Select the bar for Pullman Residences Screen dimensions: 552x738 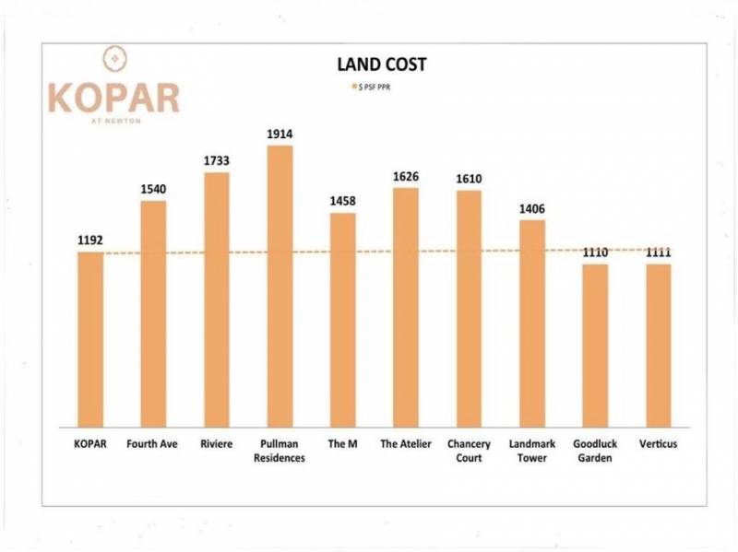coord(280,286)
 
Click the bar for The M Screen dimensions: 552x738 coord(342,319)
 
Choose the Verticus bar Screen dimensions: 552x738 coord(658,345)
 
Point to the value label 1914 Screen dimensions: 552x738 coord(280,135)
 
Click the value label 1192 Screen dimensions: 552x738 coord(90,241)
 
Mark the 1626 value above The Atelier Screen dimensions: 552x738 coord(406,176)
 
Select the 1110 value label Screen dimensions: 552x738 coord(595,253)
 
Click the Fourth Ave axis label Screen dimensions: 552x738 coord(153,444)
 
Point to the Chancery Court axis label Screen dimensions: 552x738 coord(469,451)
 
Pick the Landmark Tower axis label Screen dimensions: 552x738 coord(532,451)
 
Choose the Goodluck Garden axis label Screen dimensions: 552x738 coord(595,451)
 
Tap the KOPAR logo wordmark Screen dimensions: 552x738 coord(113,97)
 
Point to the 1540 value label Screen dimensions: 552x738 coord(153,189)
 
